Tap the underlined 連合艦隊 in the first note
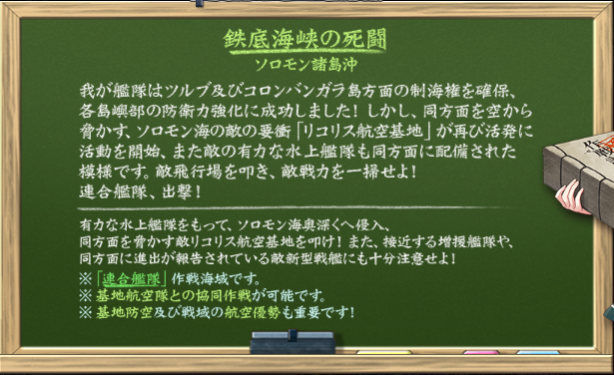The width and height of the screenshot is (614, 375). (x=130, y=278)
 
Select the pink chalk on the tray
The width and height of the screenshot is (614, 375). (x=482, y=352)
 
